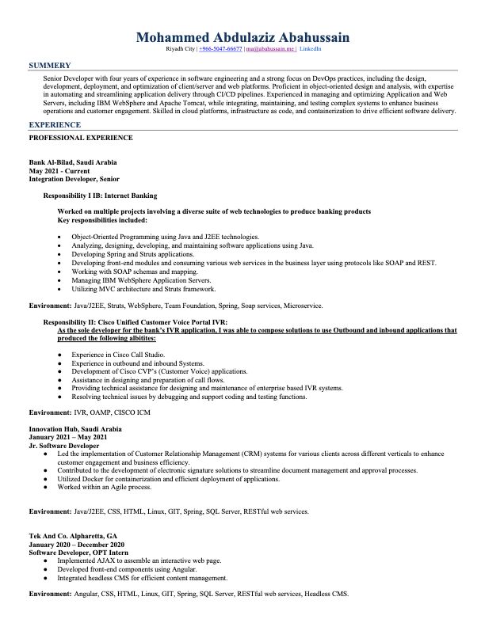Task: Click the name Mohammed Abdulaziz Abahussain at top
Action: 242,37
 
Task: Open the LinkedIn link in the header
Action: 310,49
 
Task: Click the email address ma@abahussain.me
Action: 269,49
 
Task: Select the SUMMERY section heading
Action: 49,65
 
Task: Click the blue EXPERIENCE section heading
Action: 54,125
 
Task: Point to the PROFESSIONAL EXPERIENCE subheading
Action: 81,138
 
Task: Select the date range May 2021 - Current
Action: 59,170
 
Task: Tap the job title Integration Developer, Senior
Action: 74,179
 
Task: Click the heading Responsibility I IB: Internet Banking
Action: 100,195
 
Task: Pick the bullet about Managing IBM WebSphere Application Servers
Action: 141,280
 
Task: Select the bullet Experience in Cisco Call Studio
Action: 118,355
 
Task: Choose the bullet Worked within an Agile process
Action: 115,487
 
